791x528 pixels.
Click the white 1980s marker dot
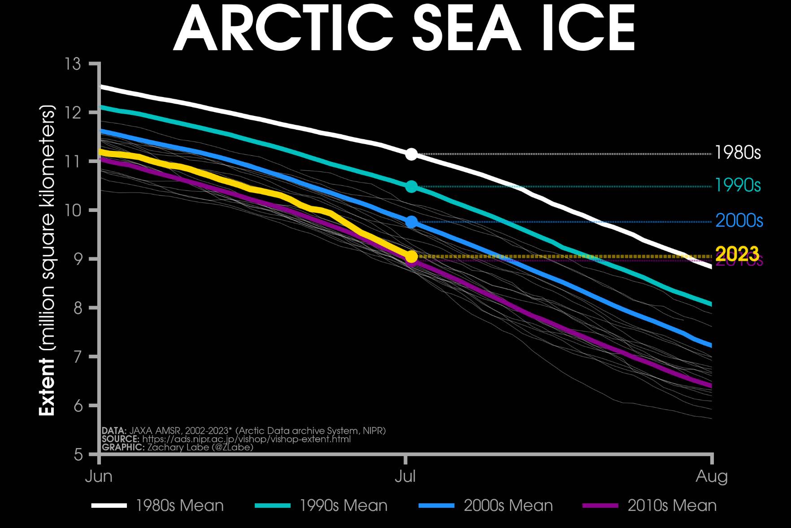click(411, 154)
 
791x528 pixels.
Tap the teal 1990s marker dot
click(411, 186)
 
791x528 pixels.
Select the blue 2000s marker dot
click(411, 222)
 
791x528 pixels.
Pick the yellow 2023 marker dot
click(411, 256)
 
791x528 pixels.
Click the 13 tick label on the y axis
click(73, 64)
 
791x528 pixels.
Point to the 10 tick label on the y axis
click(73, 210)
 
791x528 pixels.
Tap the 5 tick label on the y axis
click(78, 454)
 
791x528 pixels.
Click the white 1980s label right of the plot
click(738, 153)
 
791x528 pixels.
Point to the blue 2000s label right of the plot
click(739, 221)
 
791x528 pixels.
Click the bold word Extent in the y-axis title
click(47, 387)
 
